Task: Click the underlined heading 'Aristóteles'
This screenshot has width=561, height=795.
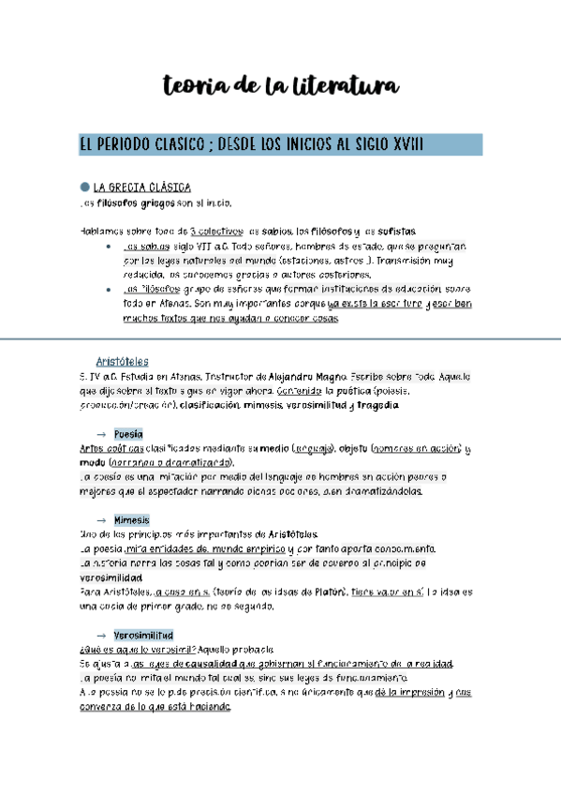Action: [122, 362]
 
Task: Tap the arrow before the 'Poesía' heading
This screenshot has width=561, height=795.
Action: [100, 435]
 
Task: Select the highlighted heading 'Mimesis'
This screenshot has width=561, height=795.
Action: [131, 519]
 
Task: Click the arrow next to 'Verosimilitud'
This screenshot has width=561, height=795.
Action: [100, 636]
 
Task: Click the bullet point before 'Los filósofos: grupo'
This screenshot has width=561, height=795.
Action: [111, 291]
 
